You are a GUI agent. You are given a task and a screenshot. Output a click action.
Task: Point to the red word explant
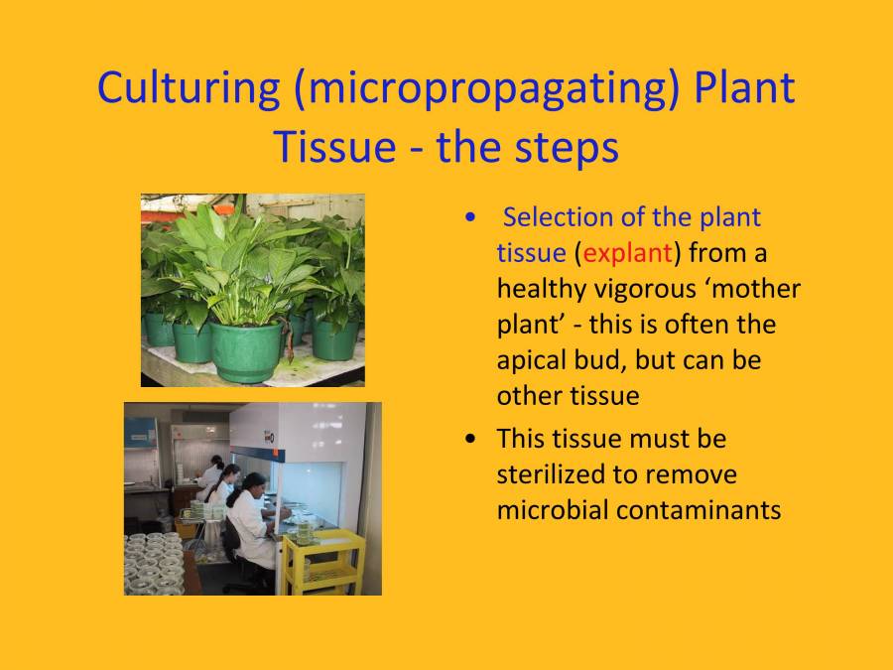click(628, 252)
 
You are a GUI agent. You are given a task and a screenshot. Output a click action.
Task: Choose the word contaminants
click(704, 509)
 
